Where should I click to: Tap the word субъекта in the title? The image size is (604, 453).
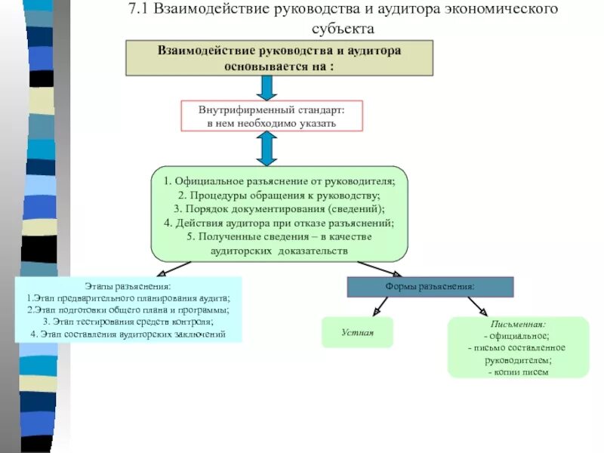(x=343, y=29)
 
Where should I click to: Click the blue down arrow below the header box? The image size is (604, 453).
(x=267, y=88)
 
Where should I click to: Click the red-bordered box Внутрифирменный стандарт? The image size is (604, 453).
(x=271, y=116)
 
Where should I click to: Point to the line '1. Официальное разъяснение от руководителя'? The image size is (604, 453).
(x=279, y=182)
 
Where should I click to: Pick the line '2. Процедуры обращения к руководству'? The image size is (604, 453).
(x=279, y=196)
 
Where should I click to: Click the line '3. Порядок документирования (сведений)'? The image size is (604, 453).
(x=279, y=209)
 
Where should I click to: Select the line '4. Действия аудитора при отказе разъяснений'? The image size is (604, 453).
(x=279, y=223)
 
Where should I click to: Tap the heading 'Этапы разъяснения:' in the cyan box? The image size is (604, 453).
(x=128, y=286)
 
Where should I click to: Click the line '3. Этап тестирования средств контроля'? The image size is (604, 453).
(x=128, y=321)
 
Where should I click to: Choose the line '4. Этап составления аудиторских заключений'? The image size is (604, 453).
(x=128, y=333)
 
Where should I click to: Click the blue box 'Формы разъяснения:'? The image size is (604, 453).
(x=430, y=287)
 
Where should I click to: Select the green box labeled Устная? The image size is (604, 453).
(x=357, y=332)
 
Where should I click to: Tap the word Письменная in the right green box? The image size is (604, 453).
(x=518, y=324)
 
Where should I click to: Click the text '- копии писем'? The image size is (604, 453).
(x=518, y=371)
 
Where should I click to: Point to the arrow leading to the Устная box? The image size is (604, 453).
(x=379, y=307)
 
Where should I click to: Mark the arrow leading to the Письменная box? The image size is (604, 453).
(x=477, y=307)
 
